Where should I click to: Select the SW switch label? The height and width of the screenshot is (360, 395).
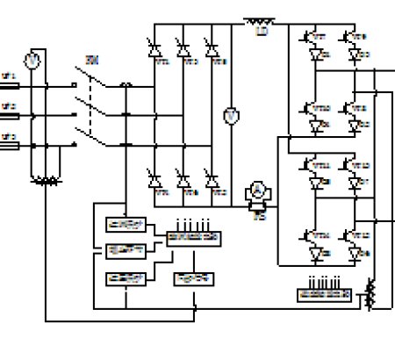click(x=91, y=61)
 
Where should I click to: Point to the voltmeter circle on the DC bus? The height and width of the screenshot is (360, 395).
click(x=231, y=115)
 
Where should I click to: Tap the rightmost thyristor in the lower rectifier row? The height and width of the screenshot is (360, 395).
click(x=211, y=182)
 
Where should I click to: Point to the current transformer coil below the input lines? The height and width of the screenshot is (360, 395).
click(x=42, y=181)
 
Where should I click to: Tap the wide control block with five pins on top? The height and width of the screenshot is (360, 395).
click(x=194, y=237)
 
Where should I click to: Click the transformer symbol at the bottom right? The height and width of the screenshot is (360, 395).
click(x=370, y=293)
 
